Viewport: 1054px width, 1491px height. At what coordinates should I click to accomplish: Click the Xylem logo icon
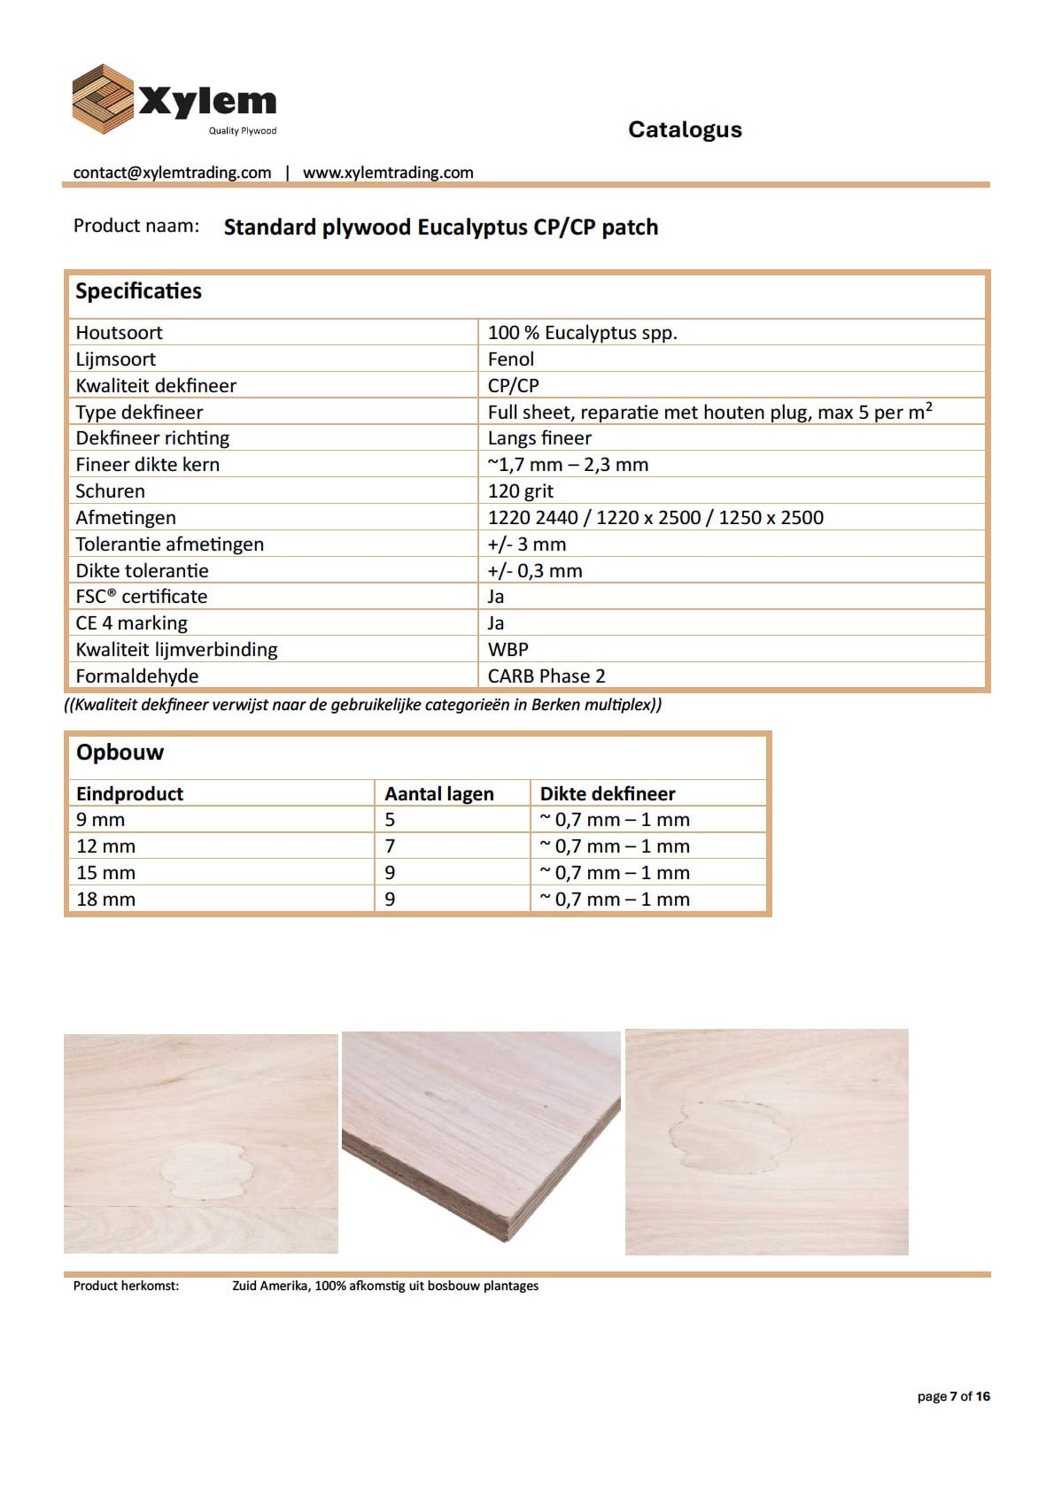tap(103, 99)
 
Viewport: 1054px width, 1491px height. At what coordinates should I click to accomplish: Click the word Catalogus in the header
tap(685, 129)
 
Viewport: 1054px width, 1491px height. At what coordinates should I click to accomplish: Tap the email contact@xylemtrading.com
tap(172, 173)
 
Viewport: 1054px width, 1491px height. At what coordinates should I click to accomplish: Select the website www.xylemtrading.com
tap(388, 173)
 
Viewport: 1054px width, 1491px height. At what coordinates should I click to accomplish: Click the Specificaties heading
tap(138, 291)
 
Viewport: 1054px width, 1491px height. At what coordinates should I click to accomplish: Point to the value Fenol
tap(511, 359)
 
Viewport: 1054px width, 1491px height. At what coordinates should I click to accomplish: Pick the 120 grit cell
tap(521, 491)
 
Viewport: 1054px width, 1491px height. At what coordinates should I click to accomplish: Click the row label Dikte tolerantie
tap(142, 571)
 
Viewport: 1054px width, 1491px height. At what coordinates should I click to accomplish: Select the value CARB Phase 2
tap(546, 676)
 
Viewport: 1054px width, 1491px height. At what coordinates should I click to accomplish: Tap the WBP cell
tap(508, 650)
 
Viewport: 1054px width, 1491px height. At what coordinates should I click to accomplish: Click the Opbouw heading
tap(120, 753)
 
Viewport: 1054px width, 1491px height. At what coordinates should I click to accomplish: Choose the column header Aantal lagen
tap(438, 794)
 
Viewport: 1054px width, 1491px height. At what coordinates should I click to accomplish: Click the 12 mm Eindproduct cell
tap(105, 846)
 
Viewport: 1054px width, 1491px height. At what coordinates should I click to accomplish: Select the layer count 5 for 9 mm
tap(390, 820)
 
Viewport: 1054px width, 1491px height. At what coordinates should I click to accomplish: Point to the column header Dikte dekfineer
tap(608, 794)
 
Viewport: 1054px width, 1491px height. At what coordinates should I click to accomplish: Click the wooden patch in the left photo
tap(205, 1170)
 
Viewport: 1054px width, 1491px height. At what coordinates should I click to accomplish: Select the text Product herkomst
tap(126, 1286)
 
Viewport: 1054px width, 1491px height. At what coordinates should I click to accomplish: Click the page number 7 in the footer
tap(954, 1396)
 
